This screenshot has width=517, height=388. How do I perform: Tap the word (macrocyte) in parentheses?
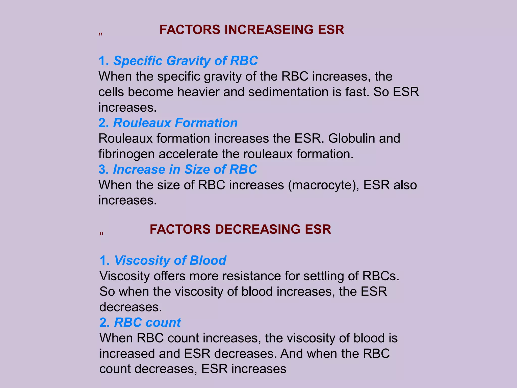(323, 185)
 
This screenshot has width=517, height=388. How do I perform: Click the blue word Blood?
(208, 260)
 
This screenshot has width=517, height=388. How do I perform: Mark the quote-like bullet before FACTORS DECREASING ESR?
(101, 234)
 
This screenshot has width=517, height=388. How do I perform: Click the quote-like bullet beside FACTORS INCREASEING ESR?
(100, 34)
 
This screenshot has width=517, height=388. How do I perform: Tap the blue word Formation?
(206, 123)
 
